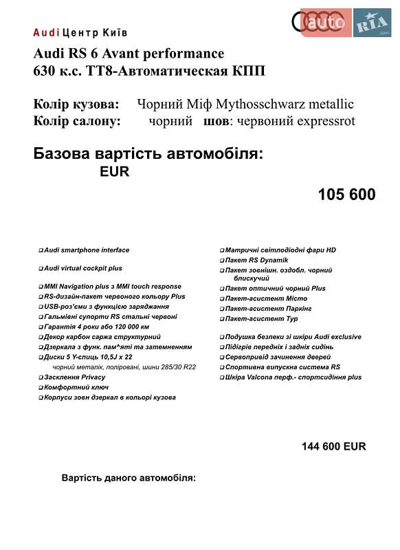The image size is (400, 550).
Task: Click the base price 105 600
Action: pos(346,195)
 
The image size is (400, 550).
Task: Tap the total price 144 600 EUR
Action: pos(333,446)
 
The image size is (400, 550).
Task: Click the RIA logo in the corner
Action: pos(372,25)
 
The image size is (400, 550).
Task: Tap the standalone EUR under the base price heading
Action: pos(115,173)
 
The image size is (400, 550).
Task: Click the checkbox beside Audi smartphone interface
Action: pos(41,251)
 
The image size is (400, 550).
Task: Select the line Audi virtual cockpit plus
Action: pos(82,268)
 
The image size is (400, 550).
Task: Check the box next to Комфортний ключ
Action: pos(41,388)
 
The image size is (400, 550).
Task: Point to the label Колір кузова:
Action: pos(76,104)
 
